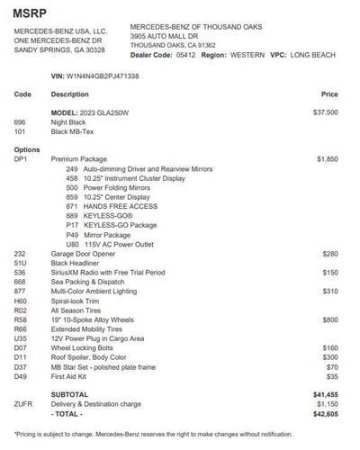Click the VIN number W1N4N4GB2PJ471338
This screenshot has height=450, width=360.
102,75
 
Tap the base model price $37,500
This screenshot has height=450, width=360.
325,112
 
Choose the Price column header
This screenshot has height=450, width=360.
329,94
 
